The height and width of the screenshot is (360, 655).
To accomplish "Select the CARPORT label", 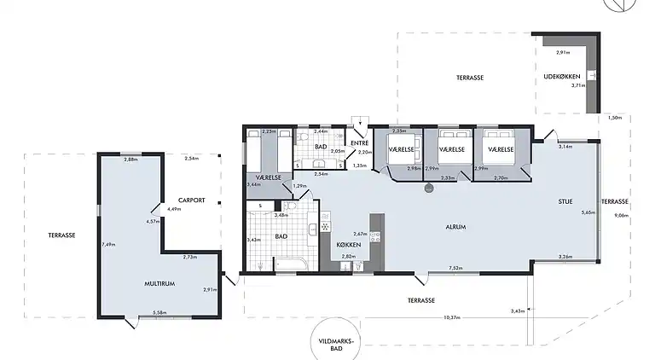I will click(192, 200).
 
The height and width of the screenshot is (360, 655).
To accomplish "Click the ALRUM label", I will click(455, 228).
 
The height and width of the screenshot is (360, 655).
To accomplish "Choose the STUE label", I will click(565, 202).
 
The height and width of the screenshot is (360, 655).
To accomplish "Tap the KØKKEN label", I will click(350, 245).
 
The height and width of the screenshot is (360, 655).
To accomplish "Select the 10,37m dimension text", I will click(451, 317).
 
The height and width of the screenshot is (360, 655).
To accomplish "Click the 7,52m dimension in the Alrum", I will click(455, 269).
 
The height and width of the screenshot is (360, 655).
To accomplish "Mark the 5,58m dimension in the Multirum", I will click(159, 313).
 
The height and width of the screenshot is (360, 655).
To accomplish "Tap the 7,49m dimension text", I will click(107, 244).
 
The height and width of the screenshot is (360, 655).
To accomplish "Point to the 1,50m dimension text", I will click(615, 119).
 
